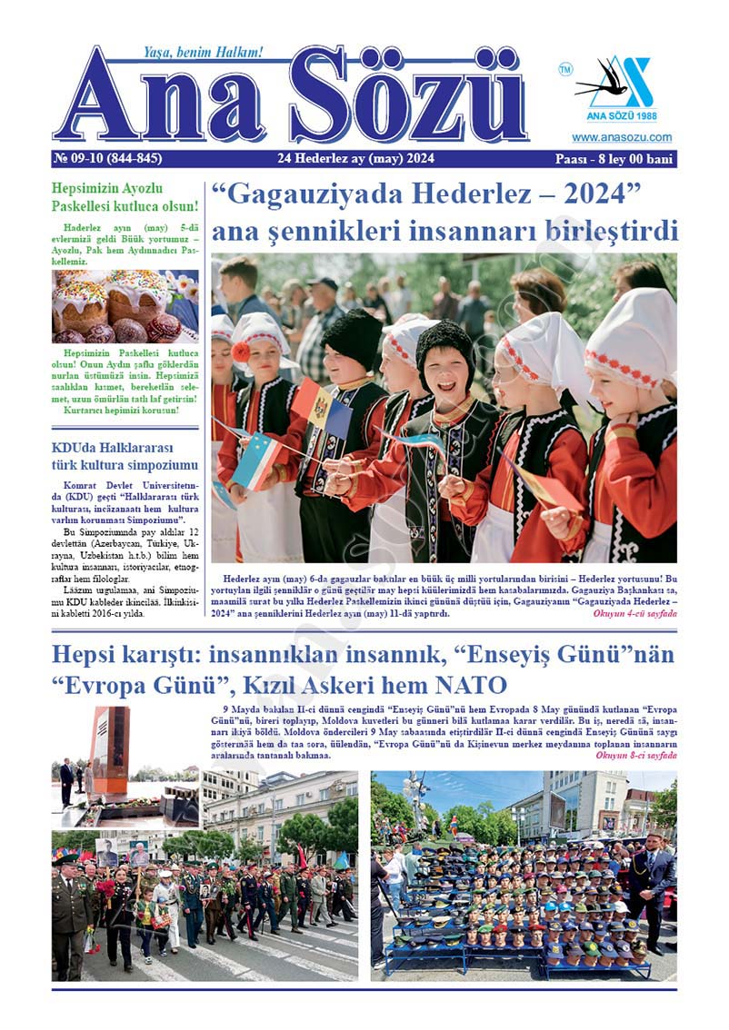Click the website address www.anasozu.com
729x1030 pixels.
pyautogui.click(x=622, y=138)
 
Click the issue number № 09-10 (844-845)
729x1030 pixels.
pyautogui.click(x=108, y=159)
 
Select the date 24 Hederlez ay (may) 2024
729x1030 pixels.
pyautogui.click(x=356, y=159)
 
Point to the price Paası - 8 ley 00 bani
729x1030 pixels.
pyautogui.click(x=614, y=159)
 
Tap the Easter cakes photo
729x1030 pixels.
pyautogui.click(x=125, y=306)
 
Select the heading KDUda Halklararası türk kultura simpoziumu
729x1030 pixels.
pyautogui.click(x=113, y=457)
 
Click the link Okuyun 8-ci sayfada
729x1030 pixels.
pyautogui.click(x=635, y=756)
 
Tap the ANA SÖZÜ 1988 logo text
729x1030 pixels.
pyautogui.click(x=622, y=116)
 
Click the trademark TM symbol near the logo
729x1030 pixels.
pyautogui.click(x=564, y=68)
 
